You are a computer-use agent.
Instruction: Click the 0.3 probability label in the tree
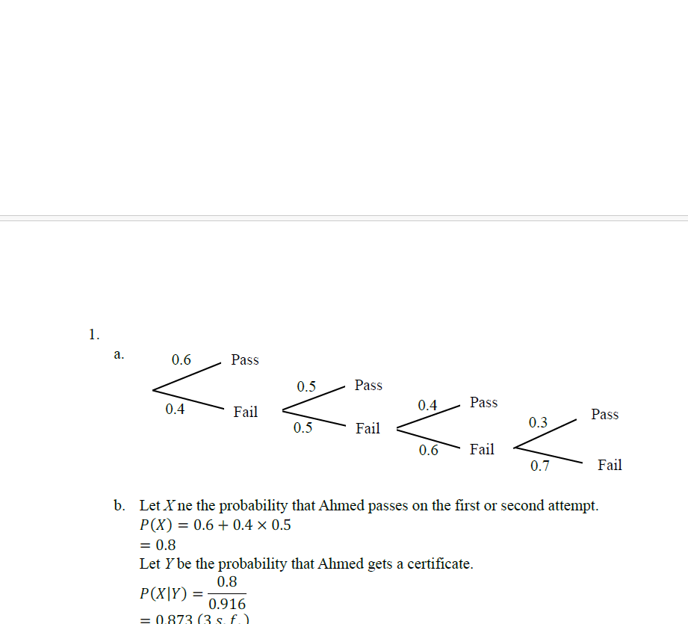pos(538,423)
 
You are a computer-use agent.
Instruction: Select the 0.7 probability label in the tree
pos(540,466)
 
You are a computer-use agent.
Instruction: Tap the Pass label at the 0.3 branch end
pos(604,414)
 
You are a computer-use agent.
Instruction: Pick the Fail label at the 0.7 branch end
pos(610,465)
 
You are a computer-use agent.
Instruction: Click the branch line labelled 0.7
pos(548,455)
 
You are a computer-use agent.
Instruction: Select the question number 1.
pos(93,334)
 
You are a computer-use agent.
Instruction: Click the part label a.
pos(119,353)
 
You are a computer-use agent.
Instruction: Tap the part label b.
pos(120,506)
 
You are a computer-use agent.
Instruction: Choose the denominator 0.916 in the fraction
pos(227,604)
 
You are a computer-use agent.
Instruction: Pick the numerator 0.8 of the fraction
pos(227,582)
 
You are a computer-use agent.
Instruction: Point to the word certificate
pos(437,564)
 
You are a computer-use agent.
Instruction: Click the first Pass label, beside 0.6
pos(245,359)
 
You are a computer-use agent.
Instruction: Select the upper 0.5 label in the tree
pos(306,386)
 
